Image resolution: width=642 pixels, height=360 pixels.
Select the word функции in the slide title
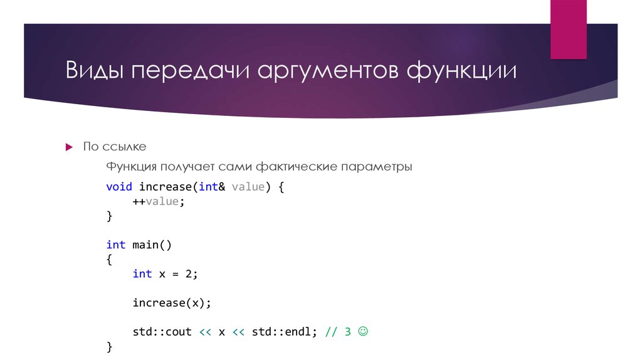pyautogui.click(x=462, y=71)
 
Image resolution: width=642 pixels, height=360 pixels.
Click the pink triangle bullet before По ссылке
pyautogui.click(x=70, y=147)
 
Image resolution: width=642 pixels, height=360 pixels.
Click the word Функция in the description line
pyautogui.click(x=130, y=167)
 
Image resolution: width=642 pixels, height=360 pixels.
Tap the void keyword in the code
pyautogui.click(x=119, y=187)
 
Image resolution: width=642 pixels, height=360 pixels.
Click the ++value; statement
pyautogui.click(x=159, y=201)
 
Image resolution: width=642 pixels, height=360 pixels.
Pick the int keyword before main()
pyautogui.click(x=115, y=245)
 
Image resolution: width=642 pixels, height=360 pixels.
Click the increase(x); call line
pyautogui.click(x=172, y=302)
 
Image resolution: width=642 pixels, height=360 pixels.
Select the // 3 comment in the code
pyautogui.click(x=337, y=332)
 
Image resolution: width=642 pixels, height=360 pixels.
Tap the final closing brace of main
pyautogui.click(x=110, y=346)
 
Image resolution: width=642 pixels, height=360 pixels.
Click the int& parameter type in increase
pyautogui.click(x=212, y=187)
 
